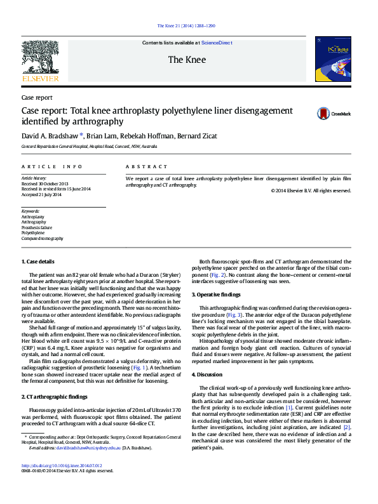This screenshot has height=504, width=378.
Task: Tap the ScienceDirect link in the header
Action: (x=217, y=43)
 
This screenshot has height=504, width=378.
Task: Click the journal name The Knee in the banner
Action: (x=185, y=60)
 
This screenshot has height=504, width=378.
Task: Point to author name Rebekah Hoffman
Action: (x=147, y=136)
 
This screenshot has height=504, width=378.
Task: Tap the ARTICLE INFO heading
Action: (x=52, y=166)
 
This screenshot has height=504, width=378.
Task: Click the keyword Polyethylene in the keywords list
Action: (x=33, y=233)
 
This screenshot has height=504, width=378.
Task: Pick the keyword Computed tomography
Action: (x=43, y=239)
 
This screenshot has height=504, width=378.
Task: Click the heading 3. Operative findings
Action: (x=217, y=295)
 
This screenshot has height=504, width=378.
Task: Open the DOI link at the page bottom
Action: (x=62, y=483)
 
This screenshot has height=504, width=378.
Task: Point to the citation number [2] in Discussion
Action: (x=347, y=427)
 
